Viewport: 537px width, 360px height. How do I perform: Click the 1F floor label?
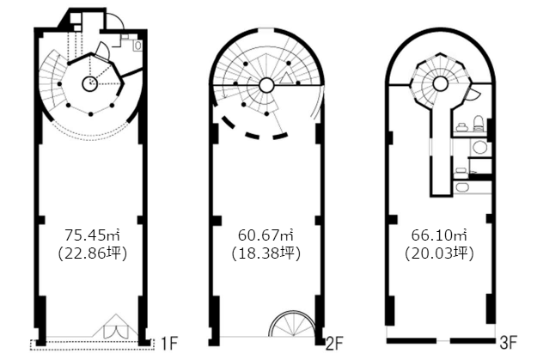coord(169,344)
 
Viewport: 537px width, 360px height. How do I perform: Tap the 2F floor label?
coord(334,344)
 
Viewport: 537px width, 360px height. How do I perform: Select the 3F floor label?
coord(508,343)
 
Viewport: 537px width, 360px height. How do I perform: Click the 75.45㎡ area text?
coord(93,235)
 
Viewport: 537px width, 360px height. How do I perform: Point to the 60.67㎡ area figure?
coord(265,235)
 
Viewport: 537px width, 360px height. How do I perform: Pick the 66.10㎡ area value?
coord(439,235)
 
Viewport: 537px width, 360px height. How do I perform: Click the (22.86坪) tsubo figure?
coord(93,253)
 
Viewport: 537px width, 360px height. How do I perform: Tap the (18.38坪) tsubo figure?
coord(265,253)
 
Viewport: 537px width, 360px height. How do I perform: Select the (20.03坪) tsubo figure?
coord(439,253)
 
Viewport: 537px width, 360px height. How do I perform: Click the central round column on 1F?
coord(89,83)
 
